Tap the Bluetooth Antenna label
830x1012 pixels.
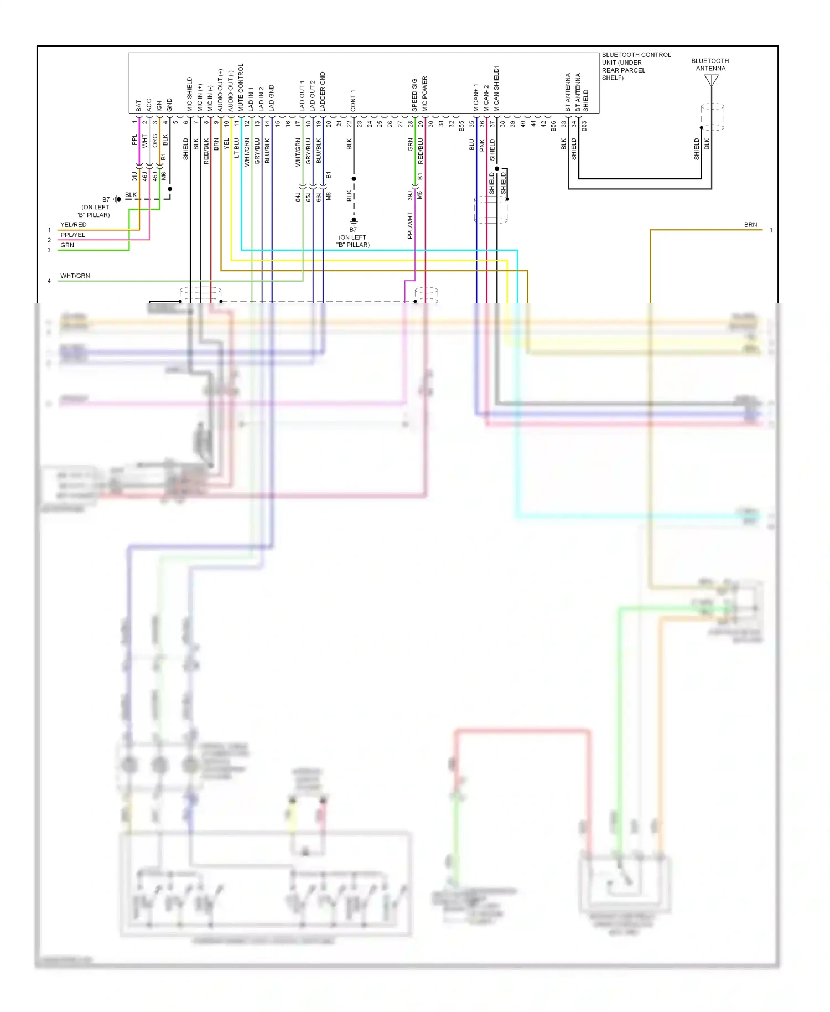[710, 65]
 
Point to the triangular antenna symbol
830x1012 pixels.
[711, 81]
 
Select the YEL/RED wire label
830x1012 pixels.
[73, 225]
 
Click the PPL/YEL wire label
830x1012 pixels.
[72, 235]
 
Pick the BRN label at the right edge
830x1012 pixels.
[750, 225]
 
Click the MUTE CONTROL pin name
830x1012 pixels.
[241, 87]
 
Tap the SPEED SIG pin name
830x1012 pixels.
[414, 95]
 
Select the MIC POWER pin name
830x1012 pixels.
[425, 94]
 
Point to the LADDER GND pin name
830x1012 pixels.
[323, 91]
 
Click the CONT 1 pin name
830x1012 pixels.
[353, 100]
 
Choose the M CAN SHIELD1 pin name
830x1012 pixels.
[496, 89]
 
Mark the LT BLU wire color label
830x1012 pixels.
[237, 148]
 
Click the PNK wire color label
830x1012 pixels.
[482, 145]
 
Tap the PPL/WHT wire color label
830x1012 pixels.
[410, 225]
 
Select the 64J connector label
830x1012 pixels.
[298, 197]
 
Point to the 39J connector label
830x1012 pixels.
[410, 195]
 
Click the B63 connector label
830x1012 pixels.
[584, 126]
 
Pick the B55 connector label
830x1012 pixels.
[461, 126]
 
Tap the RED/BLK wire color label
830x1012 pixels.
[206, 151]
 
